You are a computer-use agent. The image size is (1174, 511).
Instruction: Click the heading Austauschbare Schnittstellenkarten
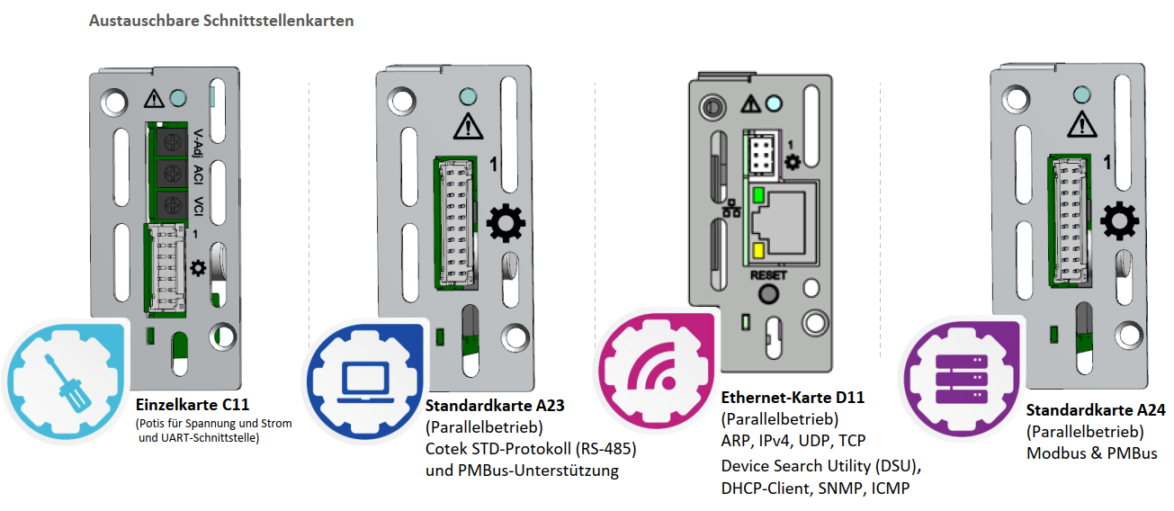coord(221,21)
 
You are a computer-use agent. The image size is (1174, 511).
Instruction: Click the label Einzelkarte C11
coord(192,404)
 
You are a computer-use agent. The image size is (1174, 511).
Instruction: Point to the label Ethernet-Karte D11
coord(793,397)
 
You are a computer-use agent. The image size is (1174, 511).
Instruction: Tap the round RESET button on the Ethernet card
coord(767,294)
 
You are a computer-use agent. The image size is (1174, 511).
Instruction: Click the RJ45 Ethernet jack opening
coord(789,222)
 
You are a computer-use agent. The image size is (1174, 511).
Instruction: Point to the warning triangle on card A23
coord(466,127)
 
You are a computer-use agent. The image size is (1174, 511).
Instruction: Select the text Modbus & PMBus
coord(1091,453)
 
